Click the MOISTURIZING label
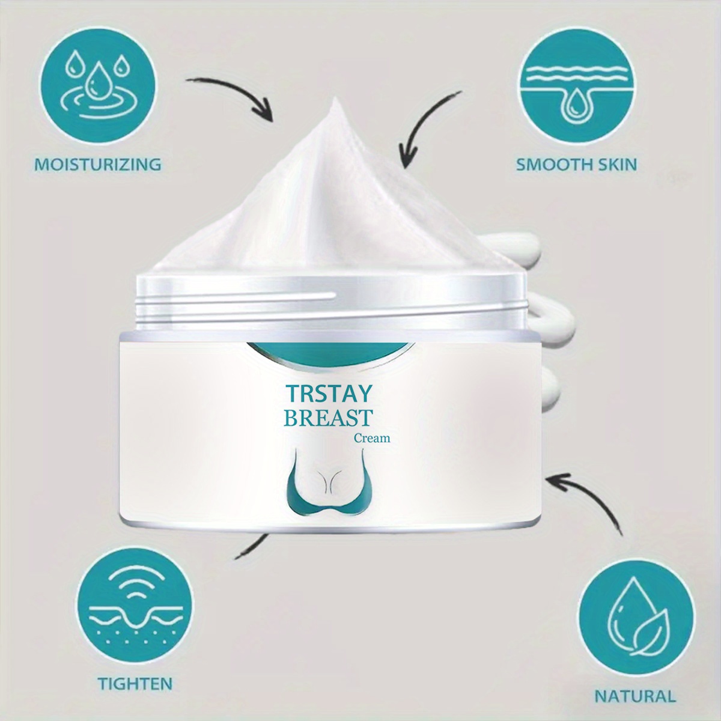coord(98,165)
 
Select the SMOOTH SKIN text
coord(576,165)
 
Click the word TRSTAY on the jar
coord(330,395)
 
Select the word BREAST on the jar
coord(329,418)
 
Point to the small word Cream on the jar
coord(372,438)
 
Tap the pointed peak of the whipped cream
coord(335,98)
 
